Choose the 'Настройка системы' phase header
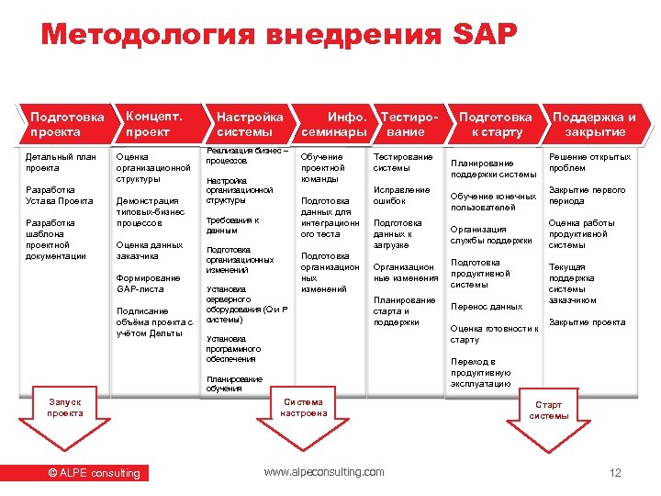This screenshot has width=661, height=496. [249, 124]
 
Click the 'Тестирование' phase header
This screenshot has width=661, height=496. [409, 124]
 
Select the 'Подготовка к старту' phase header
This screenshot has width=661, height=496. [495, 124]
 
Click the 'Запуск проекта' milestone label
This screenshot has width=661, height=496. [64, 407]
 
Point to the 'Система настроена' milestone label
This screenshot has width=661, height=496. [304, 407]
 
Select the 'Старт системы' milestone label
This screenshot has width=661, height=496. [548, 410]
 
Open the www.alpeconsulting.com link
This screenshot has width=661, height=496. [324, 472]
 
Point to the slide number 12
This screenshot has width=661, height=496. [615, 473]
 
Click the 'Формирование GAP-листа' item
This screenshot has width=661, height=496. [148, 283]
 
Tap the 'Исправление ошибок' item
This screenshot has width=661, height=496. [401, 195]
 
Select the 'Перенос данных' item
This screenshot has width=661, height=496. [487, 307]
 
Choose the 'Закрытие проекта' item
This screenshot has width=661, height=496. [587, 322]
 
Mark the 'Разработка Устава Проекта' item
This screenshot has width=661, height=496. [59, 195]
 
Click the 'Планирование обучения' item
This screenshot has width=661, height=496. [234, 383]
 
